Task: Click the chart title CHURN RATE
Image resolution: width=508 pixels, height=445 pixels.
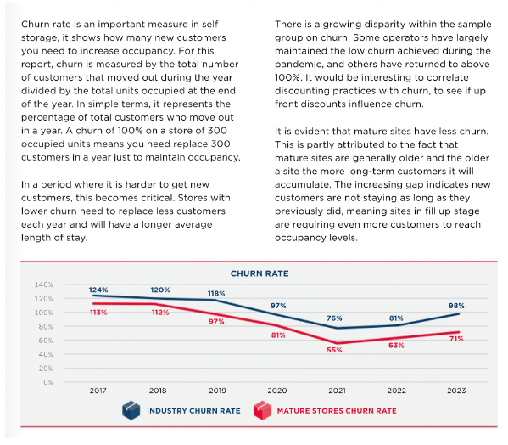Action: [260, 273]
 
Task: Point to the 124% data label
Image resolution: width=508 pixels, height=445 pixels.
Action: [98, 290]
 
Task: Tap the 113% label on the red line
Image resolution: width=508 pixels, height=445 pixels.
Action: [98, 313]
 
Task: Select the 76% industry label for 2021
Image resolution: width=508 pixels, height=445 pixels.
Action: [334, 318]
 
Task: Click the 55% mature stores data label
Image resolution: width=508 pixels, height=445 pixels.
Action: [334, 350]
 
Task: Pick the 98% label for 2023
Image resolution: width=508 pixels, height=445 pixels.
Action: [456, 306]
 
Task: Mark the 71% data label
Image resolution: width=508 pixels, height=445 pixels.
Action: [456, 339]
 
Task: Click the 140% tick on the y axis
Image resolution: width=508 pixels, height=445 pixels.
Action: [43, 284]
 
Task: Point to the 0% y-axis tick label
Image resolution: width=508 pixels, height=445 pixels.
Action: [48, 382]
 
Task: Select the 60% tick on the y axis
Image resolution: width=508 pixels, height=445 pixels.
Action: [45, 341]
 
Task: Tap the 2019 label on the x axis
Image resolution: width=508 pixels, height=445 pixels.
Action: [217, 391]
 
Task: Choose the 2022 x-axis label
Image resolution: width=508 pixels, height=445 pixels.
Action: [396, 391]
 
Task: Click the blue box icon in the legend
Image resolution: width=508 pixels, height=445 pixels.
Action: [131, 410]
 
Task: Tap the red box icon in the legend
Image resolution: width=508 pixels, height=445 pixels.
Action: [262, 410]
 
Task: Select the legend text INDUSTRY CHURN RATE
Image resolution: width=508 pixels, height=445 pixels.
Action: [193, 411]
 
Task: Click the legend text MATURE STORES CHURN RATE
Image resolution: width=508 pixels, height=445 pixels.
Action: [337, 411]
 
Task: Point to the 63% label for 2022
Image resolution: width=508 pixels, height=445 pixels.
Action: [396, 346]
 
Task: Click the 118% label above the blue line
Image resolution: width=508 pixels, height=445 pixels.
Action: [216, 294]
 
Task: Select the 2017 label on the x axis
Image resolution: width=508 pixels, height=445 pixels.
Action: [98, 391]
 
